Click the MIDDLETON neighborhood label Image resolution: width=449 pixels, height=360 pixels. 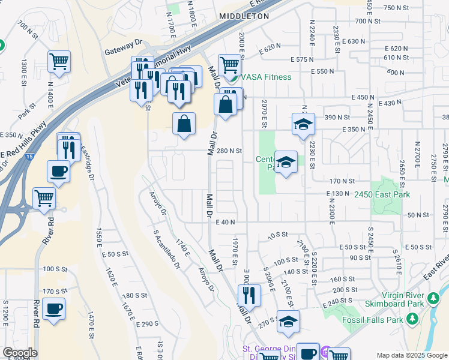[x=244, y=16]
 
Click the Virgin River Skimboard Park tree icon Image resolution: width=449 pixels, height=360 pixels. [x=433, y=298]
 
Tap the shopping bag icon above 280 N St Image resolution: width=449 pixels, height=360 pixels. [x=184, y=124]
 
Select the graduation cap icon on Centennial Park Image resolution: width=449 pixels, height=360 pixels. [x=286, y=161]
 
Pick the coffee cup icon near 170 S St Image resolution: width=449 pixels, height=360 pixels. [x=54, y=309]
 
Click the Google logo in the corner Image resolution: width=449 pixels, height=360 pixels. [x=19, y=353]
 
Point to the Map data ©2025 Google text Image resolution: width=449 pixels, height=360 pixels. [x=412, y=355]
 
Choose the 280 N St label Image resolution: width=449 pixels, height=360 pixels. [x=229, y=151]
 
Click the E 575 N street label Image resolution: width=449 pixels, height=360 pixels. [x=303, y=59]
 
